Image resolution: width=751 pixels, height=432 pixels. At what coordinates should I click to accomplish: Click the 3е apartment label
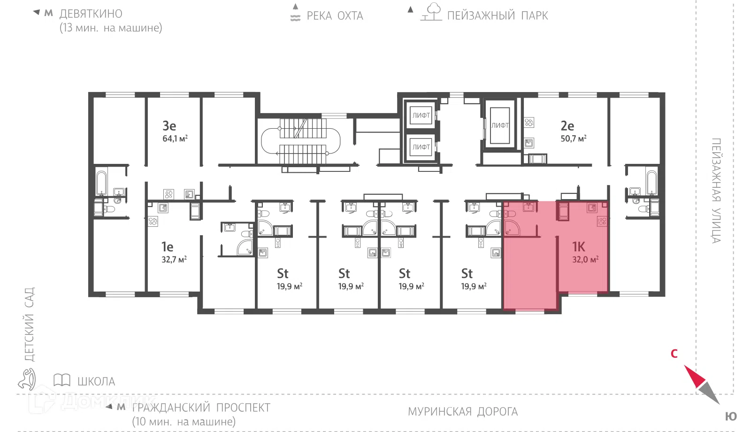point(169,126)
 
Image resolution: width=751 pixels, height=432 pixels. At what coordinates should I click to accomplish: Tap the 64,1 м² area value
point(175,138)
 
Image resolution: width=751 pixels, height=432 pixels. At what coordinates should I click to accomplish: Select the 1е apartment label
point(167,247)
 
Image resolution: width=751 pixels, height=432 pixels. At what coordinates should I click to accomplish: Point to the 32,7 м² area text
point(174,259)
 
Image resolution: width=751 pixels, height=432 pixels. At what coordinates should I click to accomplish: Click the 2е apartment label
point(567,126)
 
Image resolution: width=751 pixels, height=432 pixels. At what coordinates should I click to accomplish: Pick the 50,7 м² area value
point(573,138)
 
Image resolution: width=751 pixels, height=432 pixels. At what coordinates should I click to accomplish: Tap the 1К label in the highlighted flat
point(578,247)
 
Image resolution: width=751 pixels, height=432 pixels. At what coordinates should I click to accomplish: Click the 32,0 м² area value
point(585,259)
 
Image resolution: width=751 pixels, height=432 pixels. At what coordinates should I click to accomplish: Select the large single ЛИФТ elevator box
point(500,125)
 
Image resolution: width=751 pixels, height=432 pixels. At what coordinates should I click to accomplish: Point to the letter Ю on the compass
point(731,417)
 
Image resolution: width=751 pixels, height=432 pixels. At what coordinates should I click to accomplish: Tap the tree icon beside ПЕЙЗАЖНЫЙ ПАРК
point(432,12)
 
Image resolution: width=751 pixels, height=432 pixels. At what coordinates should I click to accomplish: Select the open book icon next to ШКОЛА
point(62,380)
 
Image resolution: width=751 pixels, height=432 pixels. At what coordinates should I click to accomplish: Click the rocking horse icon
point(27,379)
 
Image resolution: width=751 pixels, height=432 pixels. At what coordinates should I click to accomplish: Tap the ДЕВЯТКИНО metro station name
point(91,14)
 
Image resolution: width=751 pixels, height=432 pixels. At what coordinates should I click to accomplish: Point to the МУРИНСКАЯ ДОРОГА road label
point(463,411)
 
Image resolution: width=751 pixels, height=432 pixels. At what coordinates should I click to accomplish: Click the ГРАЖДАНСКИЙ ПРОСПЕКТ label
point(201,408)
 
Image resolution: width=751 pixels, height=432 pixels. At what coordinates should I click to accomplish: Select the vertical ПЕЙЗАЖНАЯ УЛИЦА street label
point(716,191)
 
